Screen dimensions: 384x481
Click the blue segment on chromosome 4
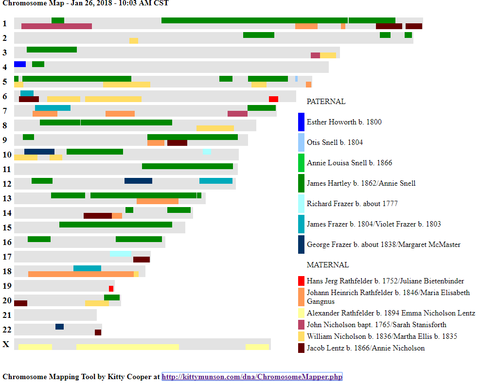[x=20, y=64]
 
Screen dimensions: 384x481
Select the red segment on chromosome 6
[x=273, y=99]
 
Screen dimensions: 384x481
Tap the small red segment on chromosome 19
[x=111, y=289]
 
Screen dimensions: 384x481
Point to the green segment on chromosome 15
[x=116, y=225]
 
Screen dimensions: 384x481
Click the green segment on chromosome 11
[x=187, y=166]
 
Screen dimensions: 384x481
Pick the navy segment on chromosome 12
[x=138, y=181]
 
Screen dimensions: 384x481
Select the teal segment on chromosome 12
[x=216, y=181]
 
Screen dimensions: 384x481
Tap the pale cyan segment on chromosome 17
[x=120, y=253]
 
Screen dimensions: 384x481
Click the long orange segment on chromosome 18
[x=81, y=274]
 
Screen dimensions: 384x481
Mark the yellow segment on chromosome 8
[x=215, y=128]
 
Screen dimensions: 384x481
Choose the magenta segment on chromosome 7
[x=237, y=114]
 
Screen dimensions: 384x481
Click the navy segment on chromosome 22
[x=59, y=327]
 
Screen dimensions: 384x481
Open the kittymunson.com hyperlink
[x=252, y=377]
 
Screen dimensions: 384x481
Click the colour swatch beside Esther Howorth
[x=301, y=122]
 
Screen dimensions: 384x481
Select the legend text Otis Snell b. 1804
[x=335, y=142]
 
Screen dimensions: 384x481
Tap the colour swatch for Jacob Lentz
[x=301, y=348]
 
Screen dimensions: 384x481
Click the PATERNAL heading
[x=326, y=102]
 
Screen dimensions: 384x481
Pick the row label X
[x=6, y=344]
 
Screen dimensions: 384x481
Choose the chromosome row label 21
[x=7, y=315]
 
